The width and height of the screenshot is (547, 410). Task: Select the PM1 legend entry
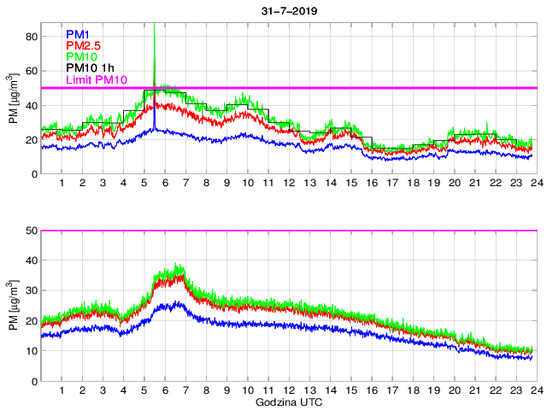click(76, 34)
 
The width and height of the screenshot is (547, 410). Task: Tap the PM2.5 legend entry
click(82, 45)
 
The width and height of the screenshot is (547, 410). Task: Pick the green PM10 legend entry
click(79, 57)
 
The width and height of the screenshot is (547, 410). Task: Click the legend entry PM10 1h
click(90, 68)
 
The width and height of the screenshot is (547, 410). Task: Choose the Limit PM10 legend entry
click(97, 80)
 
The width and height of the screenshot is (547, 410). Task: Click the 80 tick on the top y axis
click(32, 37)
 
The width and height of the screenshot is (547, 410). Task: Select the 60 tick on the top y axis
click(32, 71)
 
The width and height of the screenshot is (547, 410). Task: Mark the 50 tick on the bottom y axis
click(32, 231)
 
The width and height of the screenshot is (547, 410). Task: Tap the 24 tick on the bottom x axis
click(534, 390)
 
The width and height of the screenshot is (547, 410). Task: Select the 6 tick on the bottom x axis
click(165, 390)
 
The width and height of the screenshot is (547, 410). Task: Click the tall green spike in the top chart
click(154, 43)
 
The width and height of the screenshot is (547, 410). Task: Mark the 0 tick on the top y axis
click(35, 174)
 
